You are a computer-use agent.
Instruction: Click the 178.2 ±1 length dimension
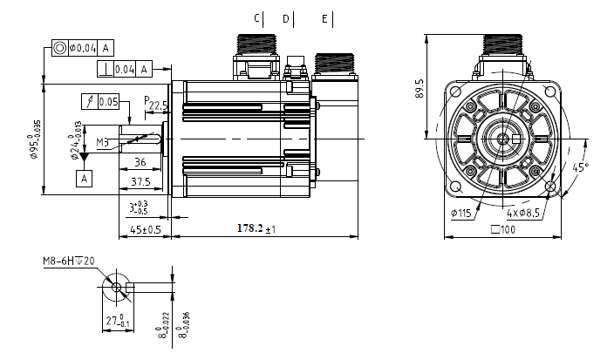tap(256, 229)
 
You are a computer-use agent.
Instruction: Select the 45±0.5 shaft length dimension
tap(140, 229)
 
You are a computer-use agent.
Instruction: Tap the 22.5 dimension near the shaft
tap(158, 105)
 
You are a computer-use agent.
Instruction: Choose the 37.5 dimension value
tap(140, 181)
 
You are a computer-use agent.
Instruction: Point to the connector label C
tap(256, 18)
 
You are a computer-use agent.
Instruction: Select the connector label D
tap(285, 18)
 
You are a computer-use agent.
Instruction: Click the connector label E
tap(324, 18)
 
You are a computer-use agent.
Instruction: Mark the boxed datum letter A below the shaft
tap(85, 178)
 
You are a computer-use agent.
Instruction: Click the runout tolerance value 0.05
tap(108, 102)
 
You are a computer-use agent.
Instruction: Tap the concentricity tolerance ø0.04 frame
tap(83, 47)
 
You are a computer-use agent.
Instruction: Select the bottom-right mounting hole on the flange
tap(551, 187)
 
